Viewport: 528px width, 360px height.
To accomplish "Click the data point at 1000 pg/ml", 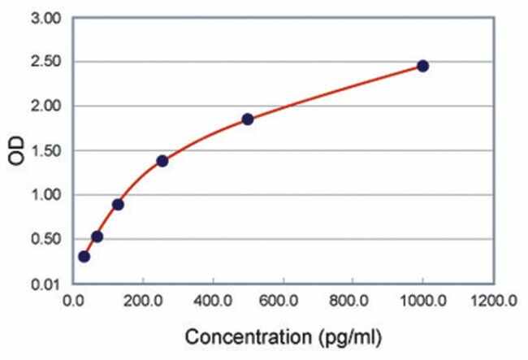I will pos(422,66).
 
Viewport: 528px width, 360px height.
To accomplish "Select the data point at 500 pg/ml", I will pos(248,119).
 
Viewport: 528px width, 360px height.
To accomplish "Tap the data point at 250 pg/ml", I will pos(162,161).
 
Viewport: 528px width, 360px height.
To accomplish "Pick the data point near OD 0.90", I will pos(118,204).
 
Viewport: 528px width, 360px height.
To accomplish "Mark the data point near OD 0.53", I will pos(97,236).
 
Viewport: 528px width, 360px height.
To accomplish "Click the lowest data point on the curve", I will pos(84,256).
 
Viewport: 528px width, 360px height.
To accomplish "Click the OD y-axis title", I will pos(17,151).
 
